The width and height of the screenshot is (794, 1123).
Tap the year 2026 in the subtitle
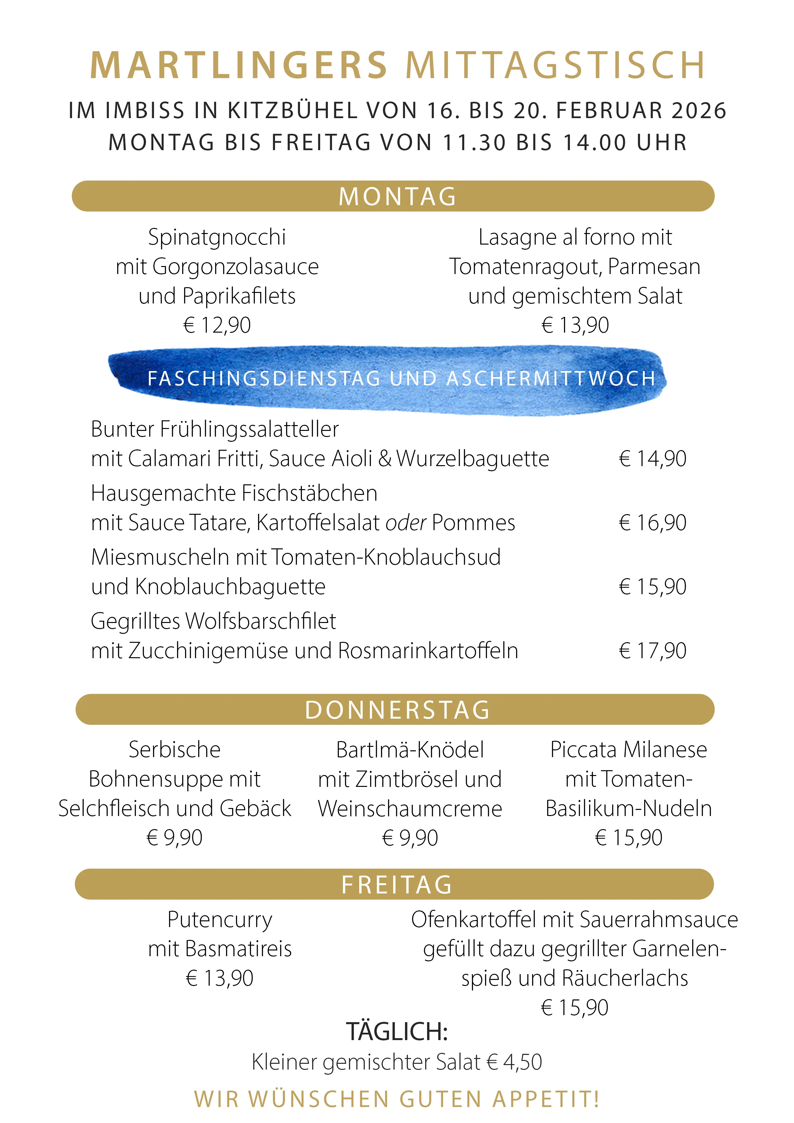[x=699, y=110]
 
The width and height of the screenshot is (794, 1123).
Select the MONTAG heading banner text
[x=397, y=197]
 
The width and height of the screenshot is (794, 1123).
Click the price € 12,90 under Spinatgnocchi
[x=217, y=325]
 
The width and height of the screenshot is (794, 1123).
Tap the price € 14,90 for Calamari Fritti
[x=652, y=459]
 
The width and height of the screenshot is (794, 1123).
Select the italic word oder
[x=406, y=523]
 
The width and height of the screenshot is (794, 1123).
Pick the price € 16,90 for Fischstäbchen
[x=652, y=523]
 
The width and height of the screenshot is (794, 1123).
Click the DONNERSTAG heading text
[x=397, y=710]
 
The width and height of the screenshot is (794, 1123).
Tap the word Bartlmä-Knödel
[x=410, y=750]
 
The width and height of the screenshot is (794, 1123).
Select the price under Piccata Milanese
[x=629, y=838]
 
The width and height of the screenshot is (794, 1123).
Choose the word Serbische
[x=175, y=750]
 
